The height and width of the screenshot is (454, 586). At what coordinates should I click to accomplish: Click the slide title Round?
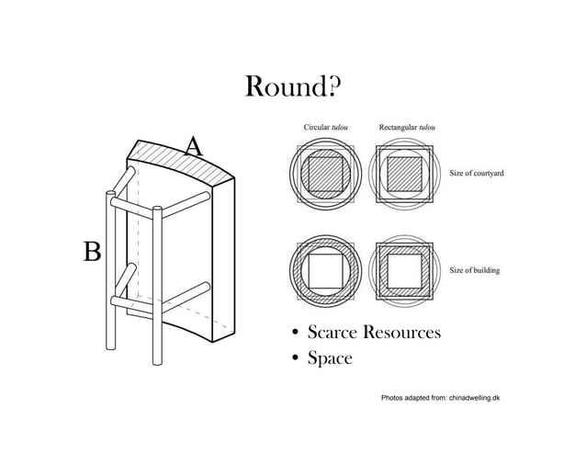[x=293, y=86]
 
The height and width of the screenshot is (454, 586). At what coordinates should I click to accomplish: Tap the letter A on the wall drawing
[x=194, y=146]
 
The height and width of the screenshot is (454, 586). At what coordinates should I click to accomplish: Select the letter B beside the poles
[x=92, y=251]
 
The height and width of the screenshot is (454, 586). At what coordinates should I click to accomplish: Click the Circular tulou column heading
[x=325, y=127]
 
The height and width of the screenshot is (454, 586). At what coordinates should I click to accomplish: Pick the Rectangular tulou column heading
[x=407, y=127]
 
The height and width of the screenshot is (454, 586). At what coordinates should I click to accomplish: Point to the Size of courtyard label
[x=477, y=173]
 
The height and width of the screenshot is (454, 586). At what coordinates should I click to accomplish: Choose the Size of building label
[x=474, y=270]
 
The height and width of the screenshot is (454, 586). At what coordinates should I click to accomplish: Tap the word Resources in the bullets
[x=401, y=332]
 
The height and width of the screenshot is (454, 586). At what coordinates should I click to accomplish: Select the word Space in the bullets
[x=330, y=358]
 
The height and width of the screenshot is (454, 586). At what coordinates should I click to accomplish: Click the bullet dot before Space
[x=296, y=358]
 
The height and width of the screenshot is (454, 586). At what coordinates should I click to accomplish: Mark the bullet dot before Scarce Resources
[x=296, y=332]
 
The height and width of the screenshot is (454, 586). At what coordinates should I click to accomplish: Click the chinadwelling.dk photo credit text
[x=440, y=398]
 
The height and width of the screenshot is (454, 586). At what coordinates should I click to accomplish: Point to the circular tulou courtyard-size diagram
[x=325, y=175]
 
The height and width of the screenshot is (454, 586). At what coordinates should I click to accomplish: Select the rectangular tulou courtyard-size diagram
[x=404, y=175]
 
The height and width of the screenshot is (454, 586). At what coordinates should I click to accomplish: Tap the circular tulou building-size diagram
[x=325, y=271]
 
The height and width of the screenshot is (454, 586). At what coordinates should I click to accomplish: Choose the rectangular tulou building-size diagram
[x=404, y=271]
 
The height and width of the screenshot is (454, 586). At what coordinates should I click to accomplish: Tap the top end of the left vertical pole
[x=110, y=193]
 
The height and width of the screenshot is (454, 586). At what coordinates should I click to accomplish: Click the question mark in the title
[x=333, y=86]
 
